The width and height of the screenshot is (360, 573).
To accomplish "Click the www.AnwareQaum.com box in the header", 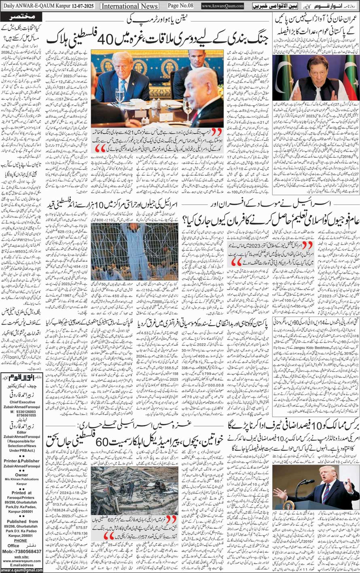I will (222, 6).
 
